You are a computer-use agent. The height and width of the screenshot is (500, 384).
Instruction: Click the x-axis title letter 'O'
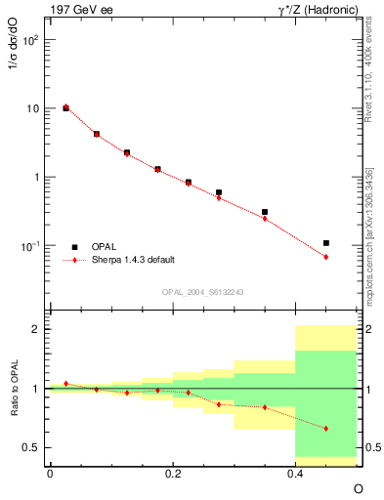tap(358, 487)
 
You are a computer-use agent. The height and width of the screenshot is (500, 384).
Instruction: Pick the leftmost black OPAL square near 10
tap(65, 108)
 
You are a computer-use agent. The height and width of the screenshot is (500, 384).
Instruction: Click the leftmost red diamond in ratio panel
tap(65, 384)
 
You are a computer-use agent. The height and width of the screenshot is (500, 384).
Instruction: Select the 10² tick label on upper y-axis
tap(32, 41)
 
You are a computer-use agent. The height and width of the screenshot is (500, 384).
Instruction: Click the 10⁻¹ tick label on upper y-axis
tap(32, 245)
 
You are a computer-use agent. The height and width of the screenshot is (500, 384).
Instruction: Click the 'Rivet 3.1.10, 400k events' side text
tap(374, 98)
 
